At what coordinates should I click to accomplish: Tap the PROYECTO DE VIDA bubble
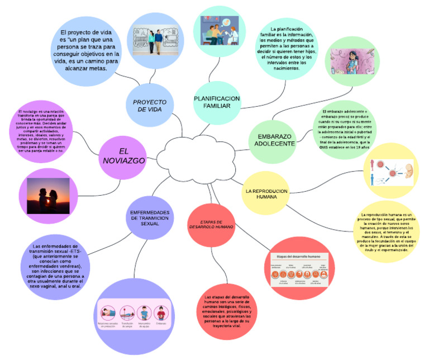[150, 106]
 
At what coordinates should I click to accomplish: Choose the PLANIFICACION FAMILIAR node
[217, 102]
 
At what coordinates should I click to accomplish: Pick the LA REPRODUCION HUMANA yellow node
[266, 193]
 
